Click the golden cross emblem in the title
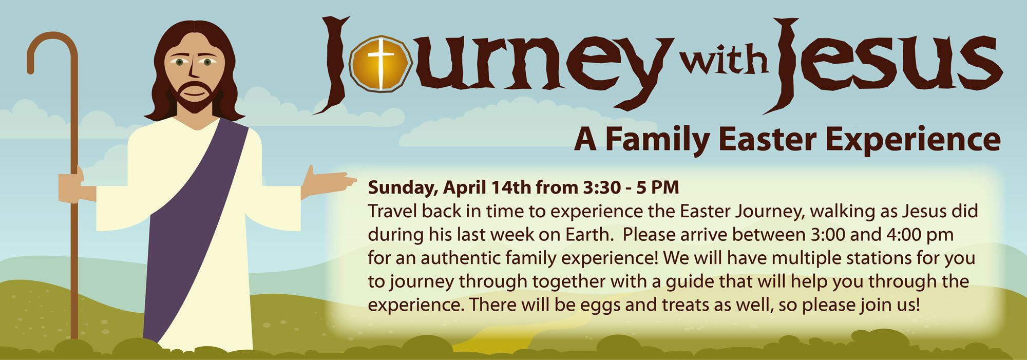[x=381, y=64]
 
